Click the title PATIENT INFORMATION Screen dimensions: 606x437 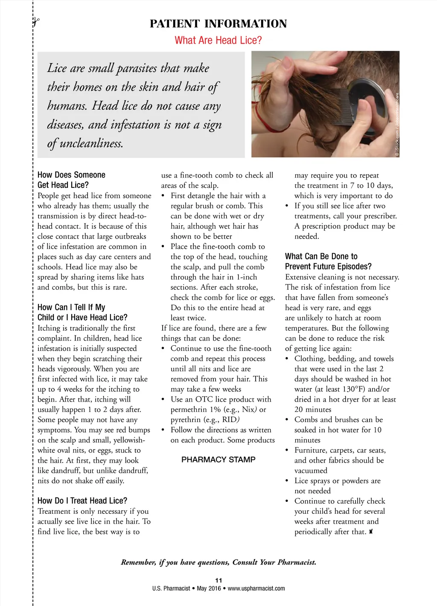218,24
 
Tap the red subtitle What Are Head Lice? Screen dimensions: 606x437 218,41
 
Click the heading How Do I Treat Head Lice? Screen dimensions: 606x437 82,501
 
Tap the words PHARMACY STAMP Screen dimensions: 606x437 218,460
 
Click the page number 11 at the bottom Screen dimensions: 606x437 218,580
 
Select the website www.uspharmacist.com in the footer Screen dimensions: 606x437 256,589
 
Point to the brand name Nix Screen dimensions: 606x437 248,410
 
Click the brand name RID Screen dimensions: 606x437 230,420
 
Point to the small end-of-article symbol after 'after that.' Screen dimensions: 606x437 371,532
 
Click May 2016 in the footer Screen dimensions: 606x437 209,589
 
